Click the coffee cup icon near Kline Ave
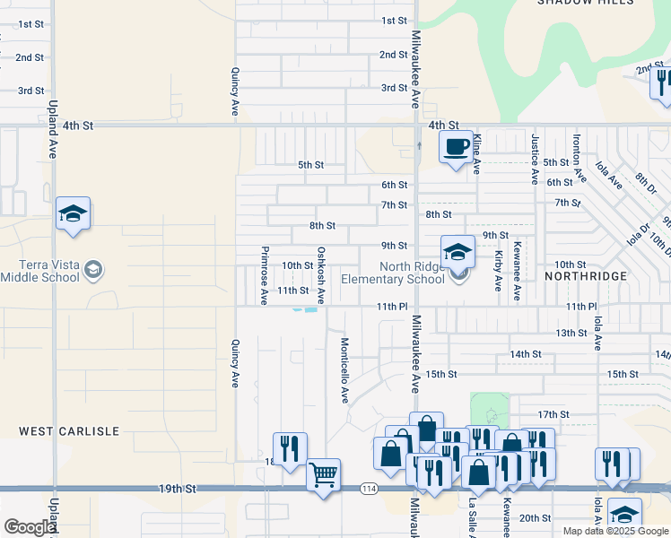pos(457,146)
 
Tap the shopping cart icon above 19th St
pos(323,473)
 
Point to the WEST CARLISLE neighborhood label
pos(70,431)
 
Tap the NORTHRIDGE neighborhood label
pos(586,276)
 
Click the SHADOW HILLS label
pos(585,3)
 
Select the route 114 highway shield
pos(369,489)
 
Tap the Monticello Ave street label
pos(344,370)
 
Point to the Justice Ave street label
pos(535,160)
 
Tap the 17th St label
pos(554,414)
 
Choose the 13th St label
pos(571,333)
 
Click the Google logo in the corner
pos(29,527)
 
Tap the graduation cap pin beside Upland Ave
pos(73,214)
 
